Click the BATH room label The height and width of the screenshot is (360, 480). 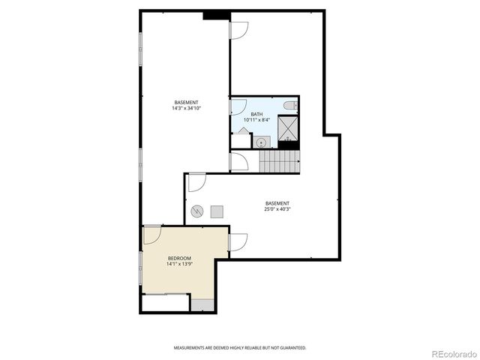257,114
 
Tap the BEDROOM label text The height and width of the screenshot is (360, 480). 179,258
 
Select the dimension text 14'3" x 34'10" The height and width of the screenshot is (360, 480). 186,108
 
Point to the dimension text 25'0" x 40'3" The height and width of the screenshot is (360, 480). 277,209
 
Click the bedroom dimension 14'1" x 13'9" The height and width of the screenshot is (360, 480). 179,264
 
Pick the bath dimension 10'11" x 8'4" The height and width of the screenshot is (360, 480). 257,120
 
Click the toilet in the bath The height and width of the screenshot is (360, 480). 292,106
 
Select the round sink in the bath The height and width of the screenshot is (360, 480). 261,142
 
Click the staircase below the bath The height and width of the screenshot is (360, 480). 279,160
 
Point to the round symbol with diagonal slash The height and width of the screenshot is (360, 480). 197,211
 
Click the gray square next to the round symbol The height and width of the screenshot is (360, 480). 217,211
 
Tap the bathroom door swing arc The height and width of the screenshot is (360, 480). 238,107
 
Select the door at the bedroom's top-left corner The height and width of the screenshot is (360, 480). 152,234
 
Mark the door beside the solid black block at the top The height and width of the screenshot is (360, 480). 238,30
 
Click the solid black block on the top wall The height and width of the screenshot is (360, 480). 215,15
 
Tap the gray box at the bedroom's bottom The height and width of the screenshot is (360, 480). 202,304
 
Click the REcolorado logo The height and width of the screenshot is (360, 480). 452,353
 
